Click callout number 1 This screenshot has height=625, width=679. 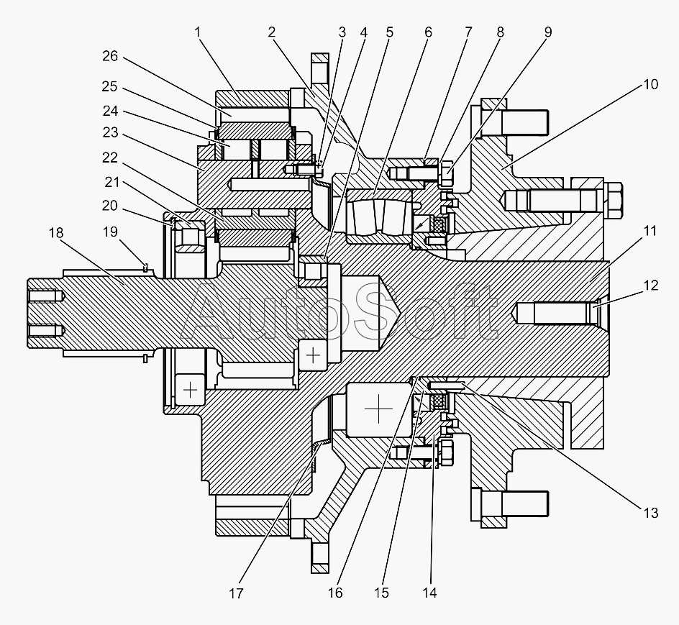[x=198, y=32]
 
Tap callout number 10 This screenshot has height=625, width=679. [x=651, y=84]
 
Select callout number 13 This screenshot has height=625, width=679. [x=651, y=513]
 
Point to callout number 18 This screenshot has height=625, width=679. [x=56, y=232]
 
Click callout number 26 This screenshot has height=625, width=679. [x=110, y=56]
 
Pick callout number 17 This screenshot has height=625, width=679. [x=237, y=593]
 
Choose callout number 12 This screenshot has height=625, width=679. [x=651, y=285]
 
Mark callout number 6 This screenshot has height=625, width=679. [x=428, y=32]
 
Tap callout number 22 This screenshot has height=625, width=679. [x=110, y=158]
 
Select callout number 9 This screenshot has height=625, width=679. [x=548, y=32]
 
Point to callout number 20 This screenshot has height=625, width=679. [x=110, y=205]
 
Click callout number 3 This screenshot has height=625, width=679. [x=342, y=32]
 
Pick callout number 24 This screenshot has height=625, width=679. [x=110, y=111]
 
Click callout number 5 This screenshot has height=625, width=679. [x=389, y=32]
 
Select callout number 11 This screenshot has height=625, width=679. [x=650, y=231]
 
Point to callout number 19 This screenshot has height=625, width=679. [x=111, y=232]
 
